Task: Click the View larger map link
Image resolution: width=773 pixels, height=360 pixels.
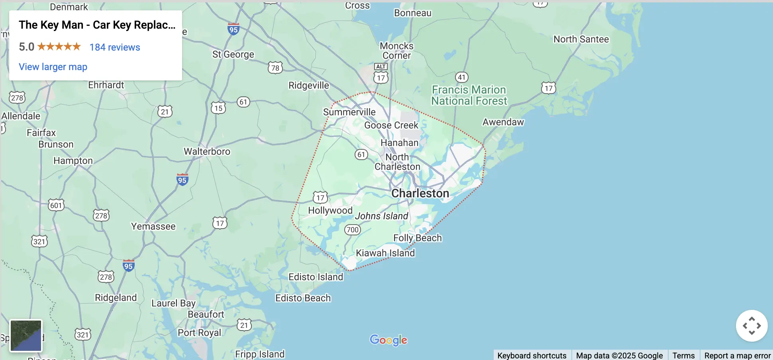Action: click(x=53, y=67)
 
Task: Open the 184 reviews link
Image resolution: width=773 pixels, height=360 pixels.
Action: click(x=115, y=47)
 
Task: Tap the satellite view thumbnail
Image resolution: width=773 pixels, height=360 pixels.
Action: click(x=26, y=335)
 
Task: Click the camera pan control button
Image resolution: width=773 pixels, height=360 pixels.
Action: click(x=751, y=326)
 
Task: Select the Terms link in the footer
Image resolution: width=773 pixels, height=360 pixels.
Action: click(x=683, y=355)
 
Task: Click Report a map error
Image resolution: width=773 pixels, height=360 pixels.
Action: click(x=737, y=355)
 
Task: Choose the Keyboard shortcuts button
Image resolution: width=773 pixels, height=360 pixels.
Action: click(x=532, y=355)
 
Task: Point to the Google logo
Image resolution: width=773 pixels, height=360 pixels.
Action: click(x=388, y=340)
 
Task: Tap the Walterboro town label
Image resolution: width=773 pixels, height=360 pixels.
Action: click(x=207, y=152)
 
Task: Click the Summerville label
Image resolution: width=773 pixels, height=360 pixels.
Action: click(x=349, y=112)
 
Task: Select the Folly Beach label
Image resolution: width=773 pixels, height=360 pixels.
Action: click(x=418, y=238)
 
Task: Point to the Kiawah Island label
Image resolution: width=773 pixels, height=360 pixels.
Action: click(x=385, y=253)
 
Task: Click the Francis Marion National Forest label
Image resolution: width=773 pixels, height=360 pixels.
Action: click(x=469, y=96)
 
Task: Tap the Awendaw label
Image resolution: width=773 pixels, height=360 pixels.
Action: click(x=503, y=122)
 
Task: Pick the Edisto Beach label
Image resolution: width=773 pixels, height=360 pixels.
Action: click(x=303, y=298)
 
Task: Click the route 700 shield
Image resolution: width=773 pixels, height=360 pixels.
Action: click(x=352, y=230)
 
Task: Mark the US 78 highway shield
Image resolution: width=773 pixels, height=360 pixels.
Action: click(x=275, y=68)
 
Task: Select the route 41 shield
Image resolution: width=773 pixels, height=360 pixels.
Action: click(x=461, y=77)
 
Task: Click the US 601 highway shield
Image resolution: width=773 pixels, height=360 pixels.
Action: click(x=56, y=205)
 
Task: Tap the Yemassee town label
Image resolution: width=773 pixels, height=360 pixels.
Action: click(x=153, y=227)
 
